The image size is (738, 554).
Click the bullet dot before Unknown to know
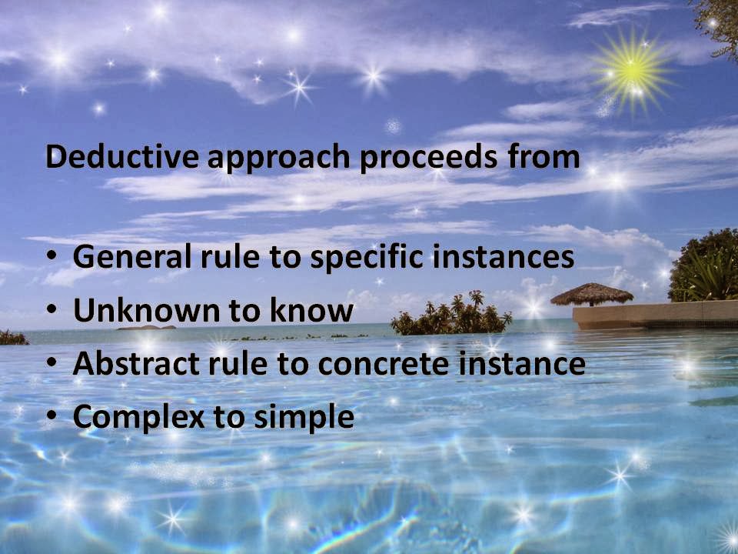click(51, 312)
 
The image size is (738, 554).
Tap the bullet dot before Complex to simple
click(51, 418)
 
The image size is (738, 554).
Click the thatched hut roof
click(592, 293)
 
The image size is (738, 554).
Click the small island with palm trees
click(451, 315)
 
